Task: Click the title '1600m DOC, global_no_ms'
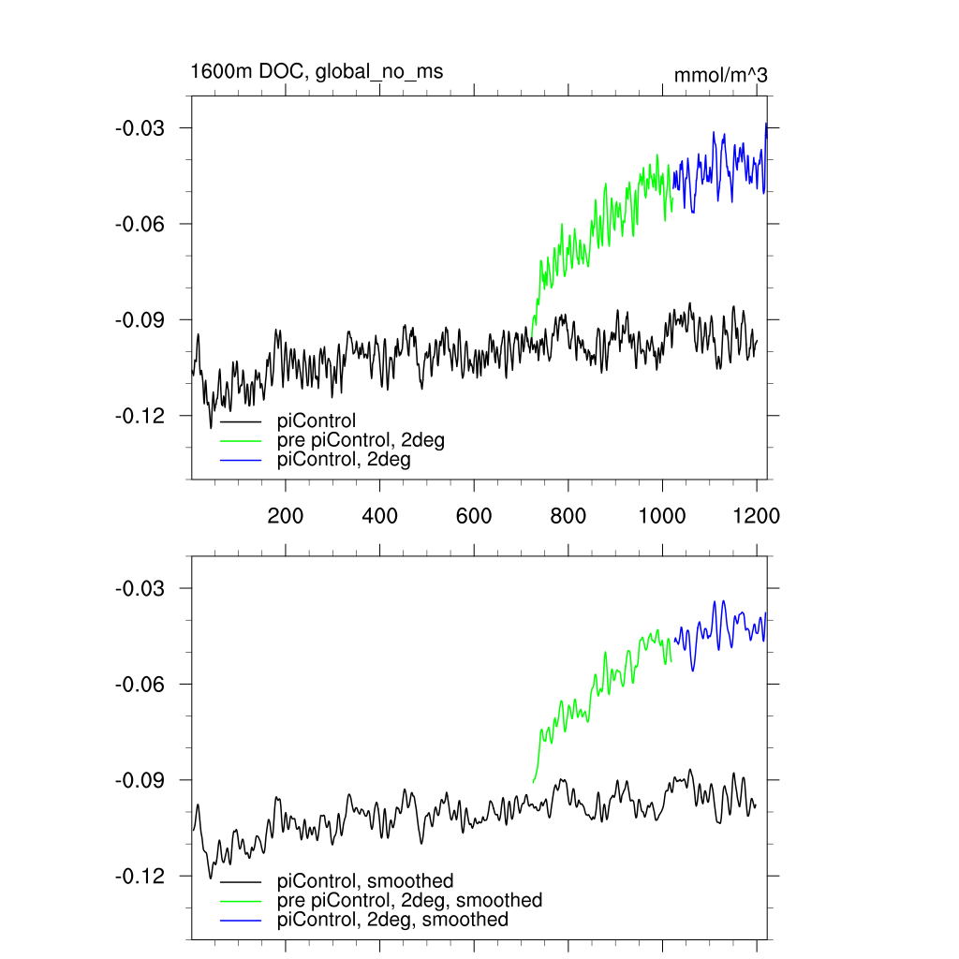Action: click(x=317, y=71)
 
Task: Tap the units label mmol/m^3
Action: click(x=720, y=76)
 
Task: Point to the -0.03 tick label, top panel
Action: click(x=140, y=127)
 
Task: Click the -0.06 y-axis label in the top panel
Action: click(x=140, y=224)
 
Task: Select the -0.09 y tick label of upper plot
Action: click(x=140, y=319)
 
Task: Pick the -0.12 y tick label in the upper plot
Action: click(x=140, y=416)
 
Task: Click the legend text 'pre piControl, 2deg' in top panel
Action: click(x=360, y=440)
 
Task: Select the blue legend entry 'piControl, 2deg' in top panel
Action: click(x=344, y=460)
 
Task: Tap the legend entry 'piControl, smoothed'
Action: click(x=365, y=881)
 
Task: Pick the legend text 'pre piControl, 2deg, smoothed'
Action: click(x=409, y=900)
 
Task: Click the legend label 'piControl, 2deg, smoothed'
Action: click(x=392, y=920)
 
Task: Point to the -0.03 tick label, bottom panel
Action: click(x=140, y=588)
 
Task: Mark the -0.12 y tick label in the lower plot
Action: click(x=140, y=877)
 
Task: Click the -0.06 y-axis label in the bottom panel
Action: click(x=140, y=685)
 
